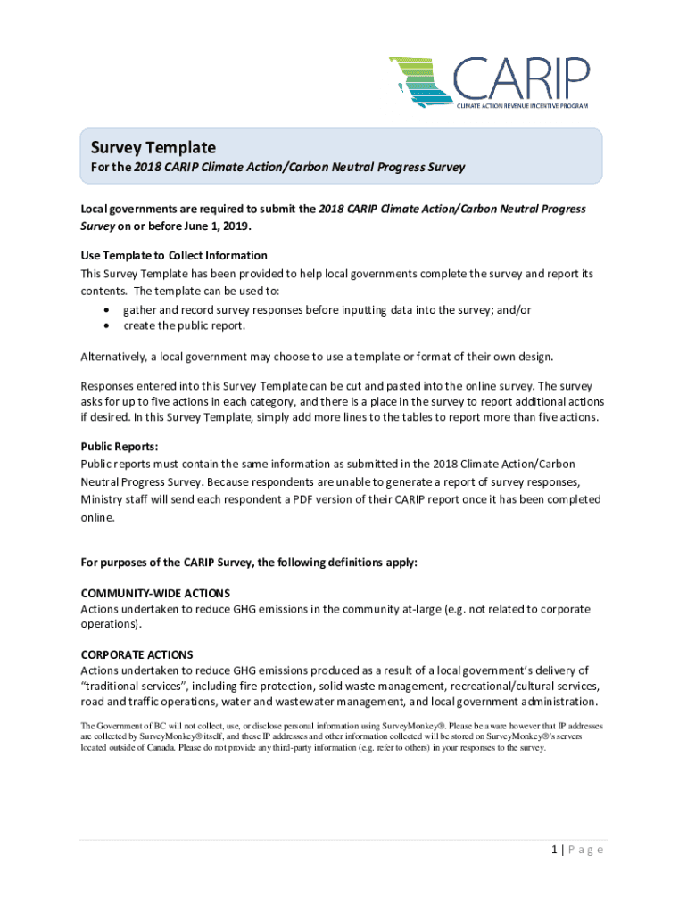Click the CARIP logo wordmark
coord(522,78)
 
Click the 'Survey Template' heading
coord(153,147)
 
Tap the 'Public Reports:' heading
coord(119,447)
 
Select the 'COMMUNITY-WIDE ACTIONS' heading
coord(155,593)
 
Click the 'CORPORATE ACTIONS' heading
coord(137,654)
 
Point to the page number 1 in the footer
coord(554,850)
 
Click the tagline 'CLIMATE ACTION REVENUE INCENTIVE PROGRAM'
coord(523,105)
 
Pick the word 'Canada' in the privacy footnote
coord(158,748)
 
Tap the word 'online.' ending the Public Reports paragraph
coord(98,516)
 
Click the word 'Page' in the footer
coord(587,850)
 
